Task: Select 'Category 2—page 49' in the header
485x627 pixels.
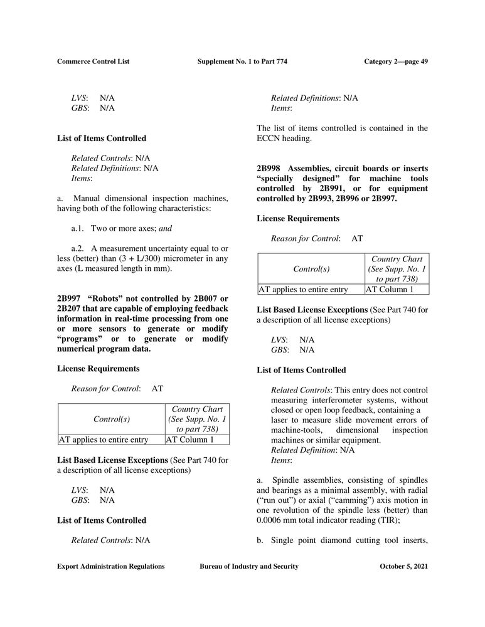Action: pyautogui.click(x=396, y=61)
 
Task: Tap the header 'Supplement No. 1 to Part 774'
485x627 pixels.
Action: pyautogui.click(x=242, y=61)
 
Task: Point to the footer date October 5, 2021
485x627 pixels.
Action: pyautogui.click(x=404, y=566)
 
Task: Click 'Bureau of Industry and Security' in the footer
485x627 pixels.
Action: pyautogui.click(x=248, y=566)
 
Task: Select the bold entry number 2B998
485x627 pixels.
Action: pyautogui.click(x=269, y=169)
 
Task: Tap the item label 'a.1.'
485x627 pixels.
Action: pyautogui.click(x=78, y=229)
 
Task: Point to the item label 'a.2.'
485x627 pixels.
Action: pyautogui.click(x=78, y=250)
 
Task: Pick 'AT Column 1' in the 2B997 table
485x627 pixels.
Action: pyautogui.click(x=190, y=440)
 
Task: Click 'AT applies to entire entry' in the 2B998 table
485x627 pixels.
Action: pyautogui.click(x=303, y=290)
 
